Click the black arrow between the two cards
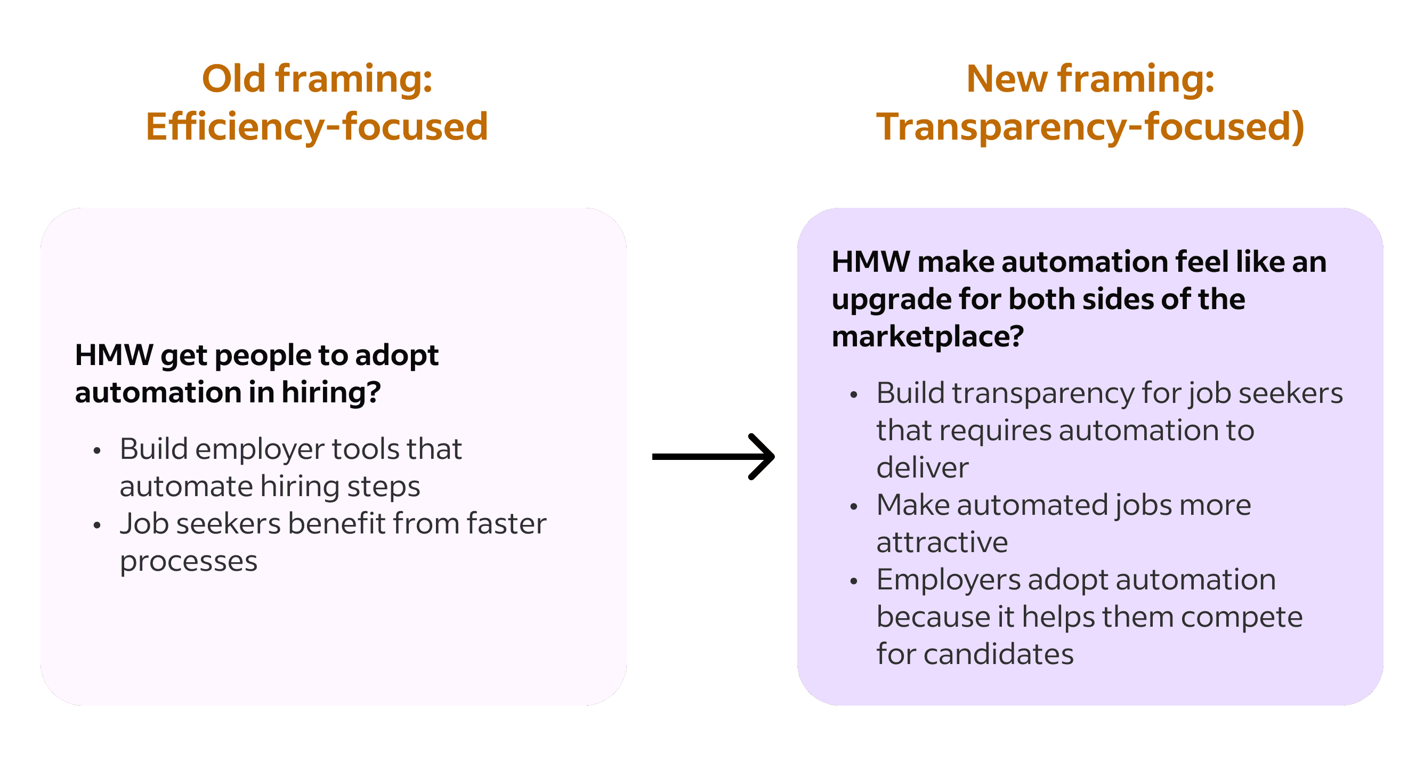coord(713,457)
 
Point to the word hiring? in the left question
coord(331,392)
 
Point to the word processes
coord(189,562)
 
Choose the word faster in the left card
coord(506,524)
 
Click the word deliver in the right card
coord(922,468)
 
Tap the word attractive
coord(942,542)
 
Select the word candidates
coord(998,654)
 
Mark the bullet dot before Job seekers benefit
coord(98,525)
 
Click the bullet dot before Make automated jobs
coord(854,506)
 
